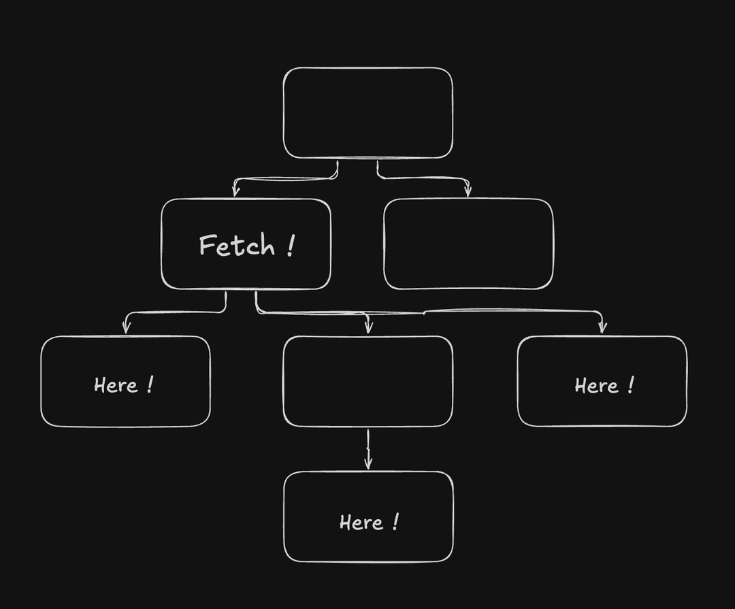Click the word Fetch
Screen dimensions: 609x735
236,246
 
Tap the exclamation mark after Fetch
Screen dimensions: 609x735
291,245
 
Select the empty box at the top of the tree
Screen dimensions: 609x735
367,113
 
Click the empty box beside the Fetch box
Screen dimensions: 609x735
468,244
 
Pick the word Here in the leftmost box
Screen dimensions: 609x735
116,386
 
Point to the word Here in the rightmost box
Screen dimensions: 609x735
596,386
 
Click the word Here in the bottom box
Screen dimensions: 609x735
361,523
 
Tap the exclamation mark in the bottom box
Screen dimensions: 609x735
395,522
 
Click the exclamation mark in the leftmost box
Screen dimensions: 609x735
150,385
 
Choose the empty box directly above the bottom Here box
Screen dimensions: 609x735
367,381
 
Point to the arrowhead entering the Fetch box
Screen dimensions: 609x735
235,192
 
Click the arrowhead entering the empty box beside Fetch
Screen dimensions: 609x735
468,192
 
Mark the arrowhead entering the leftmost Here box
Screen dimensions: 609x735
126,329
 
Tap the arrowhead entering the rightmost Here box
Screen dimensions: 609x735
602,328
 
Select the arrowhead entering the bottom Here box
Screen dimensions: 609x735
368,465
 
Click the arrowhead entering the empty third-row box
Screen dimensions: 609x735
368,328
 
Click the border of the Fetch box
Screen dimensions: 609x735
161,244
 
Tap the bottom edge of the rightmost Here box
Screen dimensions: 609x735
602,426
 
